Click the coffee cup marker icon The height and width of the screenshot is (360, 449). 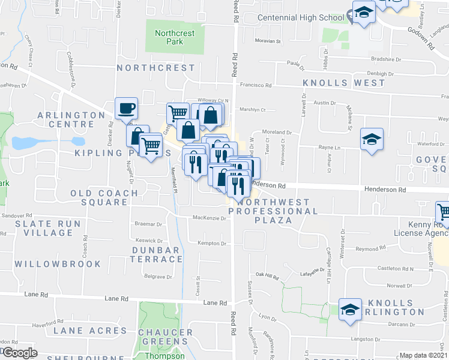127,109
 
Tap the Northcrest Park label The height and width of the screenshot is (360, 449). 175,38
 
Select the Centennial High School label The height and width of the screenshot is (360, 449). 300,17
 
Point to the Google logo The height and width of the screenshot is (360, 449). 20,353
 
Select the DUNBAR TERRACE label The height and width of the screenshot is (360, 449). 156,254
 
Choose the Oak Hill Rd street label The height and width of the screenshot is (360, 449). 268,276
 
